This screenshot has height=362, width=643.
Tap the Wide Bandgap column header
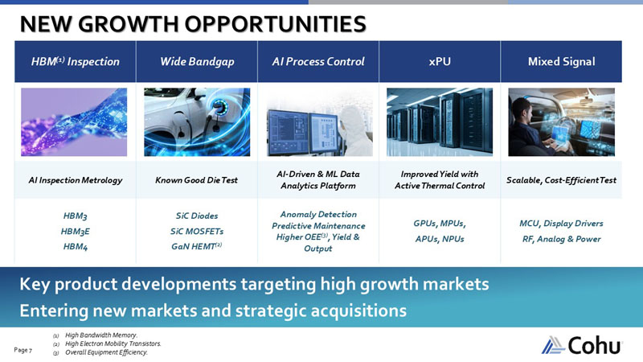tap(197, 61)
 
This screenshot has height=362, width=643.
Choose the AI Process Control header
tap(318, 61)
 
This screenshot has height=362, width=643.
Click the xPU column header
tap(440, 61)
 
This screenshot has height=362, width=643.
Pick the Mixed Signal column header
tap(561, 61)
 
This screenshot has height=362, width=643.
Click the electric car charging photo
tap(197, 122)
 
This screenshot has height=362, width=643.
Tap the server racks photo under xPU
tap(440, 122)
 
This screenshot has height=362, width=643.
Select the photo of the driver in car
tap(561, 122)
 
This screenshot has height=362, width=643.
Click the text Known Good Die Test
tap(197, 180)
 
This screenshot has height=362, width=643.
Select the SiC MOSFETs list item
tap(197, 231)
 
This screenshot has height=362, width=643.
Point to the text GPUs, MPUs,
tap(440, 224)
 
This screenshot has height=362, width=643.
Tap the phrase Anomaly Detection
tap(318, 215)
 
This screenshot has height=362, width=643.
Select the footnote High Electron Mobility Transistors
tap(113, 343)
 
